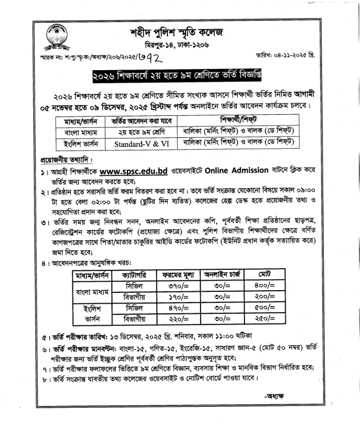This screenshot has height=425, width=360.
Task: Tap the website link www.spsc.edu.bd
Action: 133,172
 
